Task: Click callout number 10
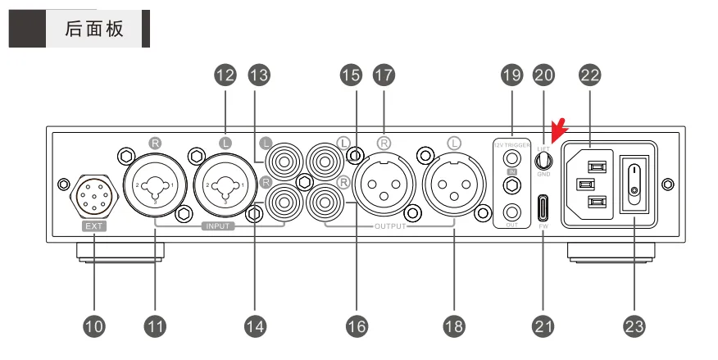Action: point(94,326)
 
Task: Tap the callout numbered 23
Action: point(634,326)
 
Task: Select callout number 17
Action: point(383,75)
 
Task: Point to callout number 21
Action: point(543,326)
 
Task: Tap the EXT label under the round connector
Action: point(94,223)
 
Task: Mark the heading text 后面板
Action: point(94,29)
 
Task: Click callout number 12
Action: point(225,75)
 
